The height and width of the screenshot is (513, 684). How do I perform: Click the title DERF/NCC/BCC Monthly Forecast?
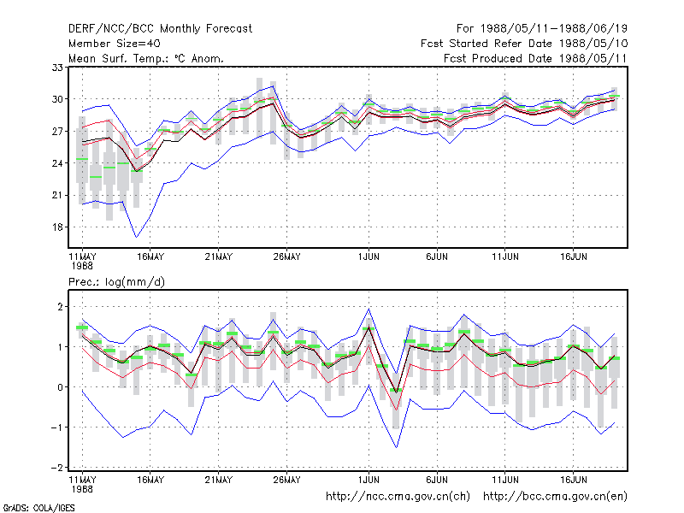click(160, 29)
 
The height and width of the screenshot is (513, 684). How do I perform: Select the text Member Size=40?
click(115, 44)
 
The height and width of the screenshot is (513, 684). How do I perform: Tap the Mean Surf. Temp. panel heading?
click(145, 58)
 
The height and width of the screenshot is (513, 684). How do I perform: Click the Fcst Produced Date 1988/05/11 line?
click(535, 58)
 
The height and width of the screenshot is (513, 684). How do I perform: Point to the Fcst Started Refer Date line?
click(524, 44)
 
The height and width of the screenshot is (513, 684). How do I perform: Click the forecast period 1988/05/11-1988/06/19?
click(553, 29)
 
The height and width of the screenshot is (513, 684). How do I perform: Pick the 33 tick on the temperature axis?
click(57, 68)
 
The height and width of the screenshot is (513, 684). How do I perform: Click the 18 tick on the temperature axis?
click(57, 227)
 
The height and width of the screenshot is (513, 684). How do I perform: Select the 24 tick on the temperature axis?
click(57, 163)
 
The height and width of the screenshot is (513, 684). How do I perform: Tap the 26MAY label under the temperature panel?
click(286, 257)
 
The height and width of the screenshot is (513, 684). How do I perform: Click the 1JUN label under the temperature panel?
click(369, 257)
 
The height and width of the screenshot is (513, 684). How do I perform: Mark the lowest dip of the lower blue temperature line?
click(137, 238)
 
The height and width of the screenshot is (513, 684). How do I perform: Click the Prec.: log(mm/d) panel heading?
click(116, 282)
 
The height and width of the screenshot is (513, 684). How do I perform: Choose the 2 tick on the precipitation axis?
click(60, 307)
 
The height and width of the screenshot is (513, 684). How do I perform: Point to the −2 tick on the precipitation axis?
click(57, 468)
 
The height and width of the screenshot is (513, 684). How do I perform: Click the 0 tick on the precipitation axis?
click(60, 387)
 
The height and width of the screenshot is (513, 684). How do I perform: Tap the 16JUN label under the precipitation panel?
click(573, 480)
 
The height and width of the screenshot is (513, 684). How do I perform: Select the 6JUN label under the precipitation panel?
click(437, 480)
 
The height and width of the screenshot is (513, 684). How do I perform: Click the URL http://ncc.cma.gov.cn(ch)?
click(398, 497)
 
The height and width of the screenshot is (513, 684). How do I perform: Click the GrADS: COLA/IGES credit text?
click(38, 508)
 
